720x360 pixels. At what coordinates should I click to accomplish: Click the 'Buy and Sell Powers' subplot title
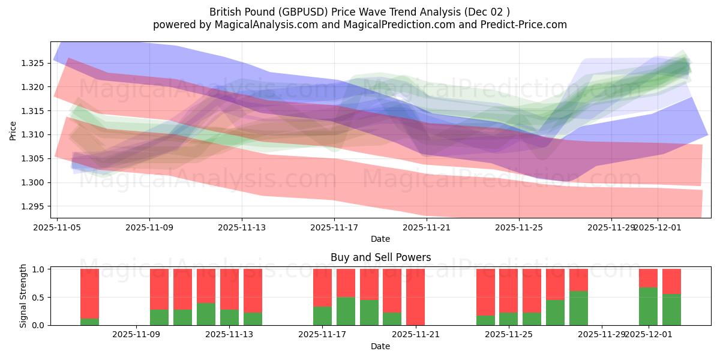click(380, 257)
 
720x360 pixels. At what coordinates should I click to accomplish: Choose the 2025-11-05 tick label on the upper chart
click(57, 227)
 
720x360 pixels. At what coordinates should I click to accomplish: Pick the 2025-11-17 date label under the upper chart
click(334, 227)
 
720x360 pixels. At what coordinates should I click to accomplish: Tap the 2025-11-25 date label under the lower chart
click(508, 334)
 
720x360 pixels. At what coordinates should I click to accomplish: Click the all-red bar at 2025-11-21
click(415, 297)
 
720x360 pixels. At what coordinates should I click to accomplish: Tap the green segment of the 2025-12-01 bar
click(648, 306)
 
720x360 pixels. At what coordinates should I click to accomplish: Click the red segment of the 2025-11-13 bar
click(229, 289)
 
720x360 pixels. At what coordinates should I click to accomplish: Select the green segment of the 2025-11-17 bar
click(322, 316)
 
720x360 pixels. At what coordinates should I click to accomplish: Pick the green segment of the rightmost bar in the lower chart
click(671, 310)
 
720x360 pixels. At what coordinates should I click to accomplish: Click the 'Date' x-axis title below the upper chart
click(380, 239)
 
